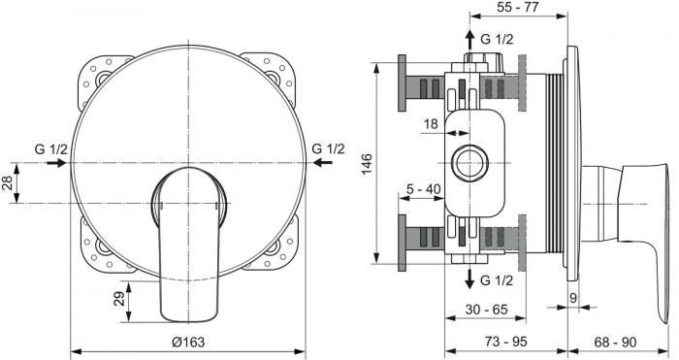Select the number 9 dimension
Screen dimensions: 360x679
(573, 299)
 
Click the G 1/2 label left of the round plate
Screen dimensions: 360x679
(50, 148)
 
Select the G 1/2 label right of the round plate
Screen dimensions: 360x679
(328, 148)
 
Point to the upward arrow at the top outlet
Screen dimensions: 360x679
(470, 40)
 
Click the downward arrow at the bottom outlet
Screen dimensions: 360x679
(470, 279)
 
